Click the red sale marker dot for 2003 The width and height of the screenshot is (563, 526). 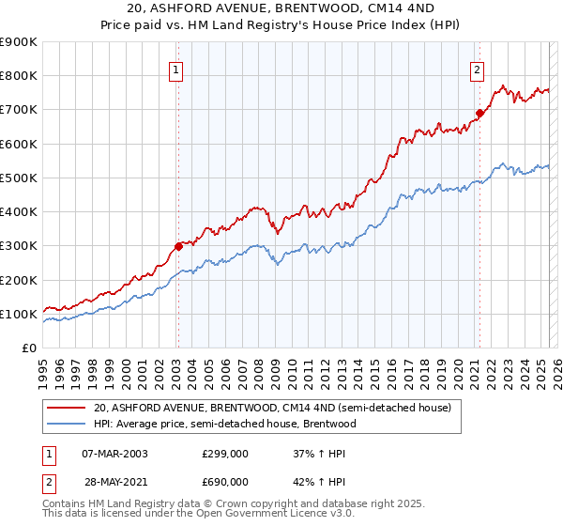[x=177, y=247]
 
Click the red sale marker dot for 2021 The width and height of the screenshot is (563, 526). [x=479, y=114]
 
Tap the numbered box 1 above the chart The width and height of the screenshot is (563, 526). [x=176, y=68]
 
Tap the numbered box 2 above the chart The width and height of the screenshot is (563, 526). [x=478, y=68]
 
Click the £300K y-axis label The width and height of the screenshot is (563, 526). [x=20, y=246]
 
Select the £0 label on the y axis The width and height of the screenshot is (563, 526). [x=28, y=348]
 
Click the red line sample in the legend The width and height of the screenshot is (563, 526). [x=67, y=408]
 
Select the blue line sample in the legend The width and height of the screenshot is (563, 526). [x=67, y=424]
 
